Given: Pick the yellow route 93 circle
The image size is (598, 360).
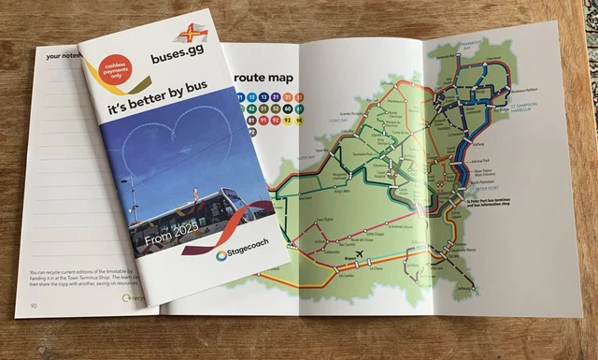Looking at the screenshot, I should click(x=286, y=120).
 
